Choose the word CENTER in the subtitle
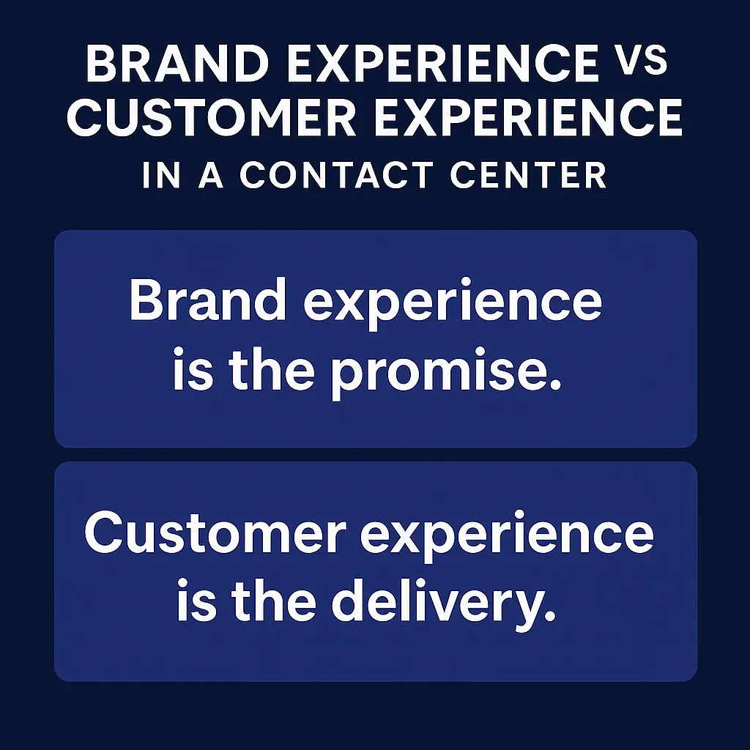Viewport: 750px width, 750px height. click(x=533, y=176)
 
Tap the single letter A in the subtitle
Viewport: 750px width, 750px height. click(x=211, y=176)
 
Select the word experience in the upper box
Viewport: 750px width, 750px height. click(x=452, y=302)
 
